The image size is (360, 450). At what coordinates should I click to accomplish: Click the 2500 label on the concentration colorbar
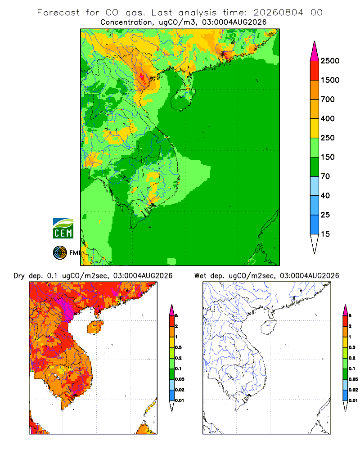tap(330, 61)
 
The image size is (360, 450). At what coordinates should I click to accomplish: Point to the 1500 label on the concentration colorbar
tap(330, 80)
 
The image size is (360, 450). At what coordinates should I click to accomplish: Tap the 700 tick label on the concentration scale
tap(328, 99)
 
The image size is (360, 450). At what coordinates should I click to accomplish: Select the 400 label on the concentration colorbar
tap(328, 118)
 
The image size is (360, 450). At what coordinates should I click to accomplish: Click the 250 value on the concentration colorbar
tap(328, 138)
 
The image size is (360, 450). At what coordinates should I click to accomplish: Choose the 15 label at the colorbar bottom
tap(325, 234)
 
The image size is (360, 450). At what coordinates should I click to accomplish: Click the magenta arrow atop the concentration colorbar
tap(315, 51)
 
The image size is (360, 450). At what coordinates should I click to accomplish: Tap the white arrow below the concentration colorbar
tap(315, 243)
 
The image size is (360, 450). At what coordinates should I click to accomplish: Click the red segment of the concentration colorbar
tap(315, 71)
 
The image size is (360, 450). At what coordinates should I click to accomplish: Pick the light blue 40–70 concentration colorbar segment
tap(315, 186)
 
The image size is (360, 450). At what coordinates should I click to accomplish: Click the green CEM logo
tap(63, 229)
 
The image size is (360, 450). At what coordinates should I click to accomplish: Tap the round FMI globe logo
tap(60, 253)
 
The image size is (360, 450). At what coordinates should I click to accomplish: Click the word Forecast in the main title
tap(58, 13)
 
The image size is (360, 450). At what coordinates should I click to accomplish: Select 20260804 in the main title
tap(278, 13)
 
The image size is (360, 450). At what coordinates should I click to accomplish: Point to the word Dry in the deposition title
tap(19, 276)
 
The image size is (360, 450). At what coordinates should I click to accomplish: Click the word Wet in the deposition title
tap(200, 276)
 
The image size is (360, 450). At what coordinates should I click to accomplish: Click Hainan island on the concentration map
tap(183, 99)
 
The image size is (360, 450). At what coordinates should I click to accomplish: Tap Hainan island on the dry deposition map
tap(95, 327)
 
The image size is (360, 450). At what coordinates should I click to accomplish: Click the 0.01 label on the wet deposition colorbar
tap(353, 400)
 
